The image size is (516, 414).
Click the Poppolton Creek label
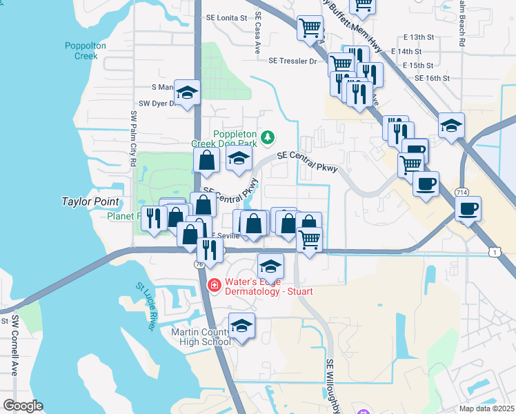click(x=81, y=50)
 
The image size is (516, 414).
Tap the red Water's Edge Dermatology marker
click(x=214, y=284)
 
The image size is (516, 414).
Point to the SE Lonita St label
click(x=226, y=18)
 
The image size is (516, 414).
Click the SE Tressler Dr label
click(x=293, y=61)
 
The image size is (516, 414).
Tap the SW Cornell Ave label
click(x=13, y=345)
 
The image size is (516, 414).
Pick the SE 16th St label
click(x=433, y=79)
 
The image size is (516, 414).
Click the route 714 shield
click(x=462, y=191)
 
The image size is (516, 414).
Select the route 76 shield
click(x=199, y=264)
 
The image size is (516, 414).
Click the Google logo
click(x=23, y=406)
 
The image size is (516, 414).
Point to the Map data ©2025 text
click(x=486, y=408)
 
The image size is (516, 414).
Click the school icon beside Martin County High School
click(x=241, y=326)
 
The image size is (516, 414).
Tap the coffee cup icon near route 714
click(x=468, y=208)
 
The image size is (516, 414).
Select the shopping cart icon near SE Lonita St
click(x=310, y=28)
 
